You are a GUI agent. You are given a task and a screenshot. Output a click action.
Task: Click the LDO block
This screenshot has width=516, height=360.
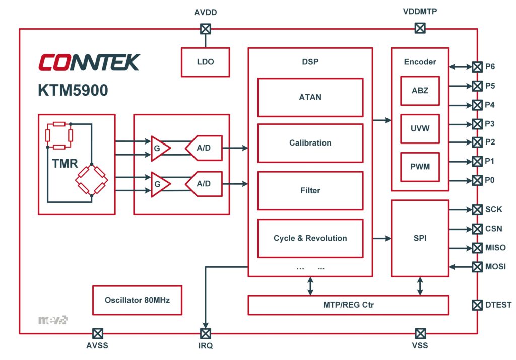point(205,62)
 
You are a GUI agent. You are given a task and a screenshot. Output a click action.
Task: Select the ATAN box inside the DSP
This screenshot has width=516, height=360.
point(310,97)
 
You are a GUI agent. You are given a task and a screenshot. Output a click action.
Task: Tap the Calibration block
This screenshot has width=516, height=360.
point(310,143)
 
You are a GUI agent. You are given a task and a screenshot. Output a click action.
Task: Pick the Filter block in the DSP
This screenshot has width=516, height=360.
point(310,190)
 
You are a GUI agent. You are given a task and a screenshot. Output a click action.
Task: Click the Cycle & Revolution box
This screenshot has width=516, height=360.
point(310,238)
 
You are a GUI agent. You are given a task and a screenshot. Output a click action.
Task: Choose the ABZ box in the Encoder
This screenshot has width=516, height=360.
point(420,91)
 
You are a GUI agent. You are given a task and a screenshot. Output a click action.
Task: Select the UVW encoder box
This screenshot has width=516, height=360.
point(420,128)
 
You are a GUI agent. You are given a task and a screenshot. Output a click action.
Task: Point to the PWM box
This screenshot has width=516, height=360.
point(420,167)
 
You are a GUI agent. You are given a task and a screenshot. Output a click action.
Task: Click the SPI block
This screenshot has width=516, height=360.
point(420,238)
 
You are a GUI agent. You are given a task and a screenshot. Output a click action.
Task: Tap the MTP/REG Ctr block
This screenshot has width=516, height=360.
point(348,305)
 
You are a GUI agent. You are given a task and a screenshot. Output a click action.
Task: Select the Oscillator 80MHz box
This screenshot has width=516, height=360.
point(137,300)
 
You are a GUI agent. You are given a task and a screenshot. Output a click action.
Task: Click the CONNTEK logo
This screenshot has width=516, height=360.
point(89,62)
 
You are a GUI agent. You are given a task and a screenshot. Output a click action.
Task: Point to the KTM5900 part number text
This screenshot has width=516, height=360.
point(73,90)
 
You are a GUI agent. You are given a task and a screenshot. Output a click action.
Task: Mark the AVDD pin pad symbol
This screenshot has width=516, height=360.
point(206,29)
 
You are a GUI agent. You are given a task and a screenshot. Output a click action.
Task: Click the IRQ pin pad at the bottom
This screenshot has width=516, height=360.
point(206,333)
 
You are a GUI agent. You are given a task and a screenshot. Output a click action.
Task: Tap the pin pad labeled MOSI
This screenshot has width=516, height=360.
point(477,266)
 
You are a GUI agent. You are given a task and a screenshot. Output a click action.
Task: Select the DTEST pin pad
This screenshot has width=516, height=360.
point(477,305)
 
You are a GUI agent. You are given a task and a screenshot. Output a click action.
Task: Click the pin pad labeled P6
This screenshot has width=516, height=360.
point(477,66)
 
